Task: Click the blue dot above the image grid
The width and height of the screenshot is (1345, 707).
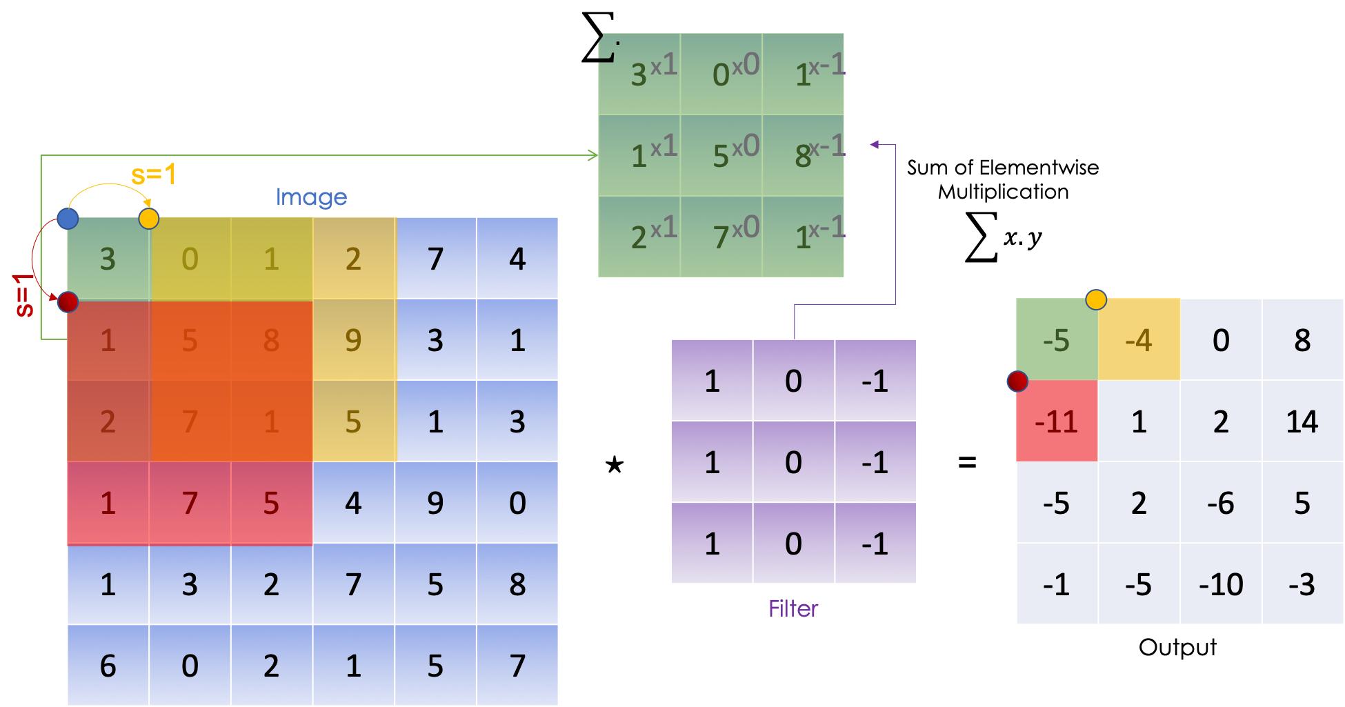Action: (68, 219)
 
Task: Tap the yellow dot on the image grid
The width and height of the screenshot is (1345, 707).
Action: (149, 219)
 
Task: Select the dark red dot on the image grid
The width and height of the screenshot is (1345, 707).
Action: (68, 302)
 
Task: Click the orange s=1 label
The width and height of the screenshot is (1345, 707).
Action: (153, 175)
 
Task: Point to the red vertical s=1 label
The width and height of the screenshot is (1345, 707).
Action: (24, 295)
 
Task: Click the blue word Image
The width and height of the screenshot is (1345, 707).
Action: (311, 197)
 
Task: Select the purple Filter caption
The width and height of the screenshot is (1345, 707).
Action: (793, 608)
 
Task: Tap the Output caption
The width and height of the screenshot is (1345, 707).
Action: (1177, 647)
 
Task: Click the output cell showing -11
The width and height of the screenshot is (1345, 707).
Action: (1057, 421)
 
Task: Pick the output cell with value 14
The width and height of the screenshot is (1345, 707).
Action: (1302, 421)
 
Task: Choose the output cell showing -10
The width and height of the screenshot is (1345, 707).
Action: (1220, 585)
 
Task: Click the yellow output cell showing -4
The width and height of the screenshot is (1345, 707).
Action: (1138, 340)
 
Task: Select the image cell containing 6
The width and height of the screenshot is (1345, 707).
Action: (108, 666)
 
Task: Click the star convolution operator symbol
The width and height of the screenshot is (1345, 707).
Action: (614, 465)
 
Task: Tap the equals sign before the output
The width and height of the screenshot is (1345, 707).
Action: (968, 462)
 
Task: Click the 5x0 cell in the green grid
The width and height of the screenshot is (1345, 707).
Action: (721, 155)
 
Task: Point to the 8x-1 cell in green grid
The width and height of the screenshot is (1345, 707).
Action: (803, 155)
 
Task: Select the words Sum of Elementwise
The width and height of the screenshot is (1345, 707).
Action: (1003, 168)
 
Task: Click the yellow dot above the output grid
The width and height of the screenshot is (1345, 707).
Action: (1096, 299)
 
